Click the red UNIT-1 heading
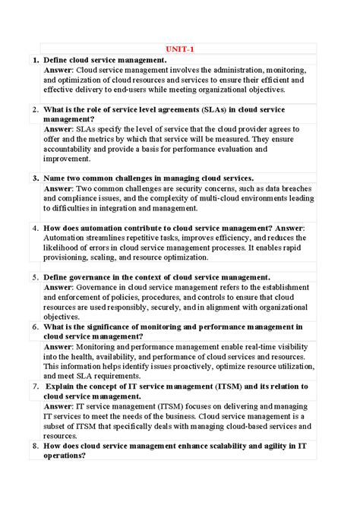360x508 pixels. [180, 49]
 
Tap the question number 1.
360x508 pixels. [35, 60]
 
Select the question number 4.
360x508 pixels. [35, 228]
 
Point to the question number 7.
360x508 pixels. [35, 387]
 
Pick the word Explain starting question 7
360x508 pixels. [65, 387]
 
